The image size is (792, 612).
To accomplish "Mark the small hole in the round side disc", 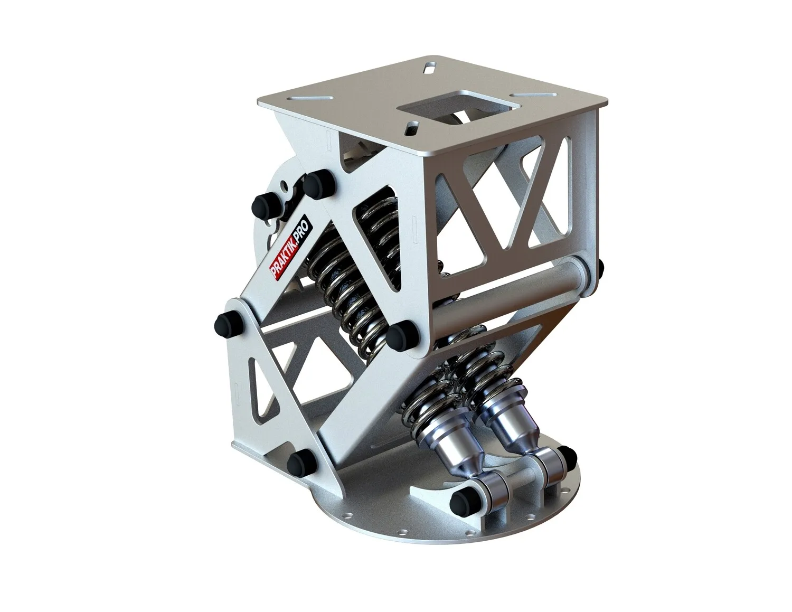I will [286, 185].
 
